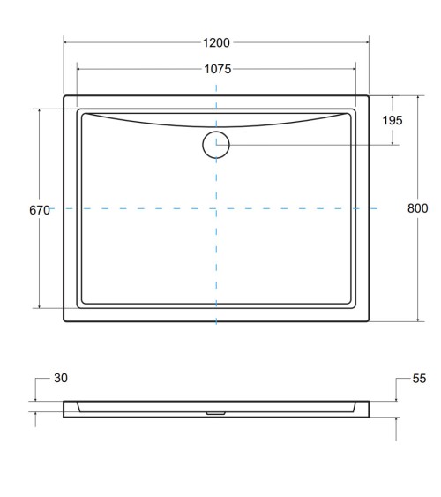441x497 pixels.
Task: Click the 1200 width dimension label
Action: tap(216, 42)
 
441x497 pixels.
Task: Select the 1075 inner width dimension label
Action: tap(216, 69)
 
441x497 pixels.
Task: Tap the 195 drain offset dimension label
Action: tap(393, 120)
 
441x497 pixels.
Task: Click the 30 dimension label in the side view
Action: tap(60, 379)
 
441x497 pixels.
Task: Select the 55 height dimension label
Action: tap(419, 379)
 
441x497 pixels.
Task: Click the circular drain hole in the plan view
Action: tap(216, 145)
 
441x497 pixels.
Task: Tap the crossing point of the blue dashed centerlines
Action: tap(216, 208)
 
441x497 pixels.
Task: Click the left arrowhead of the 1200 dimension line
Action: tap(67, 41)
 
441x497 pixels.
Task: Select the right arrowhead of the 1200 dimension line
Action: tap(365, 41)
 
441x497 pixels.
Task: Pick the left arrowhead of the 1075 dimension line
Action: tap(80, 69)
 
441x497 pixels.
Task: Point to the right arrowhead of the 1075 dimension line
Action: tap(353, 69)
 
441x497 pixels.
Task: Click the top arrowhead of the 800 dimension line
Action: tap(418, 98)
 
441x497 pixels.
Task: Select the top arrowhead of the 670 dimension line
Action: tap(39, 111)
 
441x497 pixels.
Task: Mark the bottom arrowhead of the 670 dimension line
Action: tap(39, 306)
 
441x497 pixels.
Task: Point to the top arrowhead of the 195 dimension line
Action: tap(394, 98)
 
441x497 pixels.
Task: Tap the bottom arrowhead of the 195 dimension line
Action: tap(394, 142)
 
